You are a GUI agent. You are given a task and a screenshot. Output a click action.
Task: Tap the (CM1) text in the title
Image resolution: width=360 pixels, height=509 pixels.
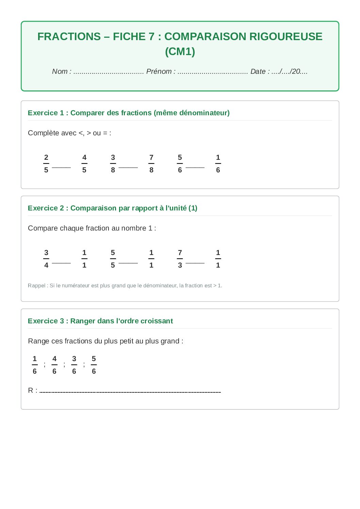point(180,51)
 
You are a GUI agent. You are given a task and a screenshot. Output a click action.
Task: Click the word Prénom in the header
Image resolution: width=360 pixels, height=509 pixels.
point(159,71)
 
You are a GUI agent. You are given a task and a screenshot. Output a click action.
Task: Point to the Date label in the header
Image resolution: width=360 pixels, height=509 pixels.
point(258,71)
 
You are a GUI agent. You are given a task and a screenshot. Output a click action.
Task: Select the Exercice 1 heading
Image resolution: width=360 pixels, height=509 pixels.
point(129,113)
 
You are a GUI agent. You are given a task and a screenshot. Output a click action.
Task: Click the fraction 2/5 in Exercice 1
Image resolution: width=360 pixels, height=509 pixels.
point(46,164)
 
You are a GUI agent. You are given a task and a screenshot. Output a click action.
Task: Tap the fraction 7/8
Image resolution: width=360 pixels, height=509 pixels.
point(151,164)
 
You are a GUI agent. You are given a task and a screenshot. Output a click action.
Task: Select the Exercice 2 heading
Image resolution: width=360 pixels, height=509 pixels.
point(113,208)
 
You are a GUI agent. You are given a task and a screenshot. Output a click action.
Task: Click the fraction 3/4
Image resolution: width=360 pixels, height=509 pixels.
point(46,259)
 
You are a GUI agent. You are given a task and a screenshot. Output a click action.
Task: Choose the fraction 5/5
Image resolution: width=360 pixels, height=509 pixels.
point(113,259)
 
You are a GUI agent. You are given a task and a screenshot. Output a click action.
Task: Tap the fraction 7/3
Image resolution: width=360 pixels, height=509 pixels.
point(180,259)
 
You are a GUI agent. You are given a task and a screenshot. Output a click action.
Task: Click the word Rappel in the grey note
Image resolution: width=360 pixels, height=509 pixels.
point(36,286)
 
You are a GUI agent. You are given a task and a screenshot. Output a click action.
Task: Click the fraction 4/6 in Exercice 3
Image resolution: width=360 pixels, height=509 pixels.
point(54,365)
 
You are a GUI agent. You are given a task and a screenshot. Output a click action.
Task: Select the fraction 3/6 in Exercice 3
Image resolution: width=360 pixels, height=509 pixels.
point(74,365)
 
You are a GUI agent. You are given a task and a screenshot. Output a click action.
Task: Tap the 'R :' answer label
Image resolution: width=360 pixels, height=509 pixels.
point(33,390)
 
